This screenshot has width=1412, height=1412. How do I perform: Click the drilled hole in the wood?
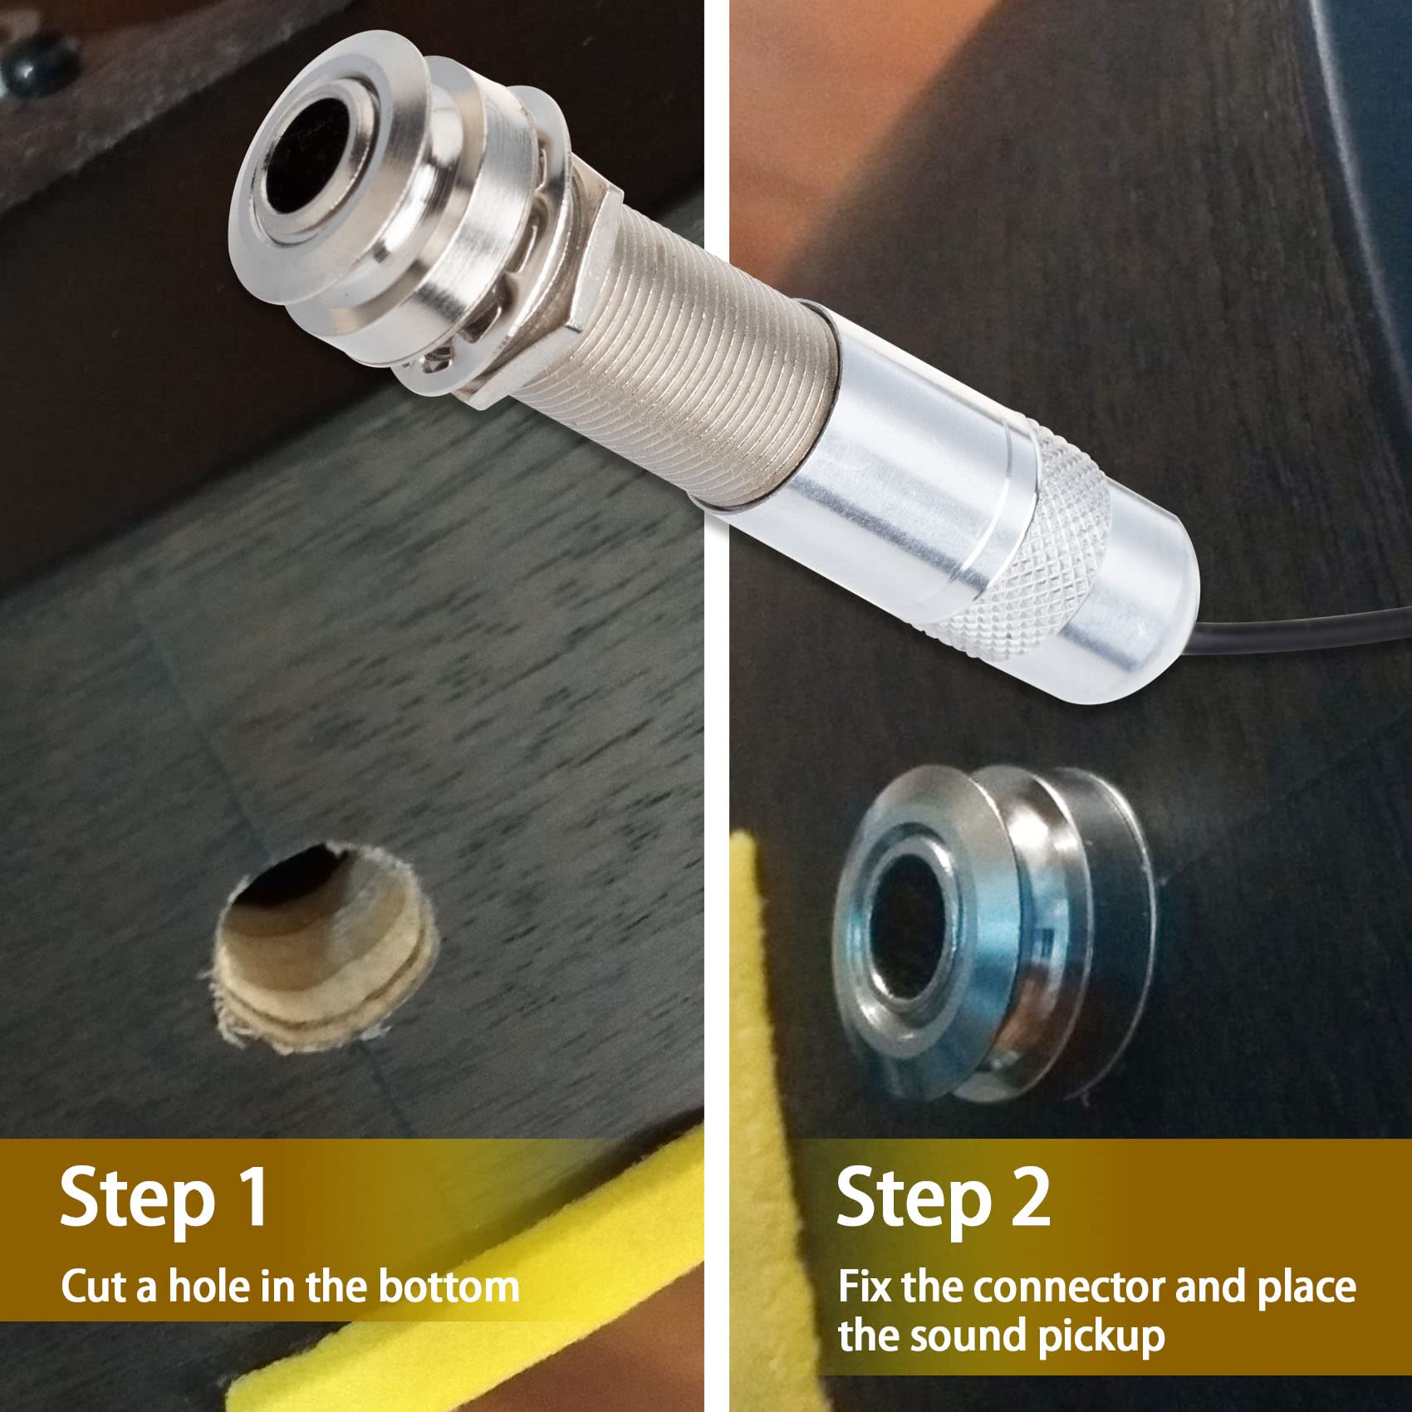(326, 946)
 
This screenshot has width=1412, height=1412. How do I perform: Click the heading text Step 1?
(164, 1197)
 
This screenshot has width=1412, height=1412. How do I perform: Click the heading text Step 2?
(943, 1197)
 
